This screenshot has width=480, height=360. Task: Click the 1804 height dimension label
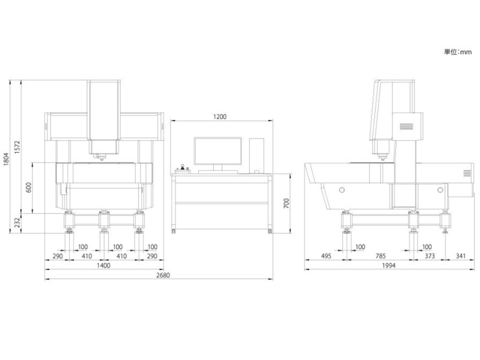(x=6, y=158)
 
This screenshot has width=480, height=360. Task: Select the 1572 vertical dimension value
(x=17, y=147)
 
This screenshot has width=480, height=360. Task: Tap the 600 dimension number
(x=28, y=187)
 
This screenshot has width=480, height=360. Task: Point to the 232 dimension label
(x=17, y=223)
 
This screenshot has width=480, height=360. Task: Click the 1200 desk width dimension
(x=220, y=116)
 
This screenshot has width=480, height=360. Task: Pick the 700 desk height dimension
(x=286, y=203)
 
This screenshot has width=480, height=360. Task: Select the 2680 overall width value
(x=163, y=275)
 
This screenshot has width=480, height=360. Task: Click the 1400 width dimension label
(x=103, y=265)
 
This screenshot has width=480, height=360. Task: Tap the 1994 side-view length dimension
(x=389, y=265)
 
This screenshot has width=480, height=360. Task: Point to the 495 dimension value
(x=326, y=256)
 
